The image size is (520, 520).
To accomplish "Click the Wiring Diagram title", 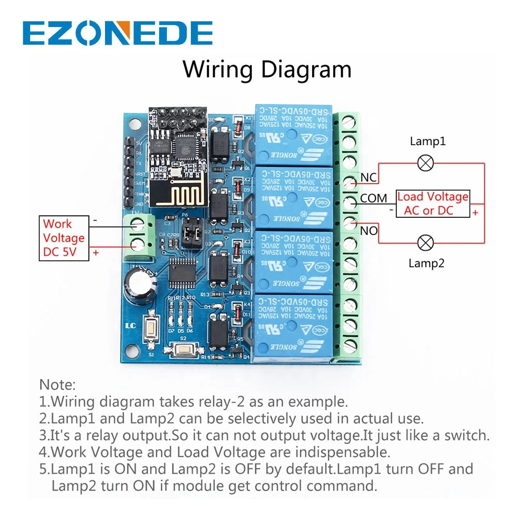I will (x=267, y=69).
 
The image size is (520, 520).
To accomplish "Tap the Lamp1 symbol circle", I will (x=426, y=163).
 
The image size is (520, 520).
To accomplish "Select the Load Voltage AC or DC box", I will (x=433, y=203).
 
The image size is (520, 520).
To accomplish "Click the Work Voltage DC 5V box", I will (x=63, y=239).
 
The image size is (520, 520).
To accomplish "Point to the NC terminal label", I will (x=368, y=178).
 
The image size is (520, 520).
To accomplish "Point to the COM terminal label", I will (x=373, y=198).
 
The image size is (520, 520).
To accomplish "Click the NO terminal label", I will (x=369, y=230).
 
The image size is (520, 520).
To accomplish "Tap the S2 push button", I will (x=183, y=349).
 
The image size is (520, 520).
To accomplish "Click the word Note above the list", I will (x=57, y=385).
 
